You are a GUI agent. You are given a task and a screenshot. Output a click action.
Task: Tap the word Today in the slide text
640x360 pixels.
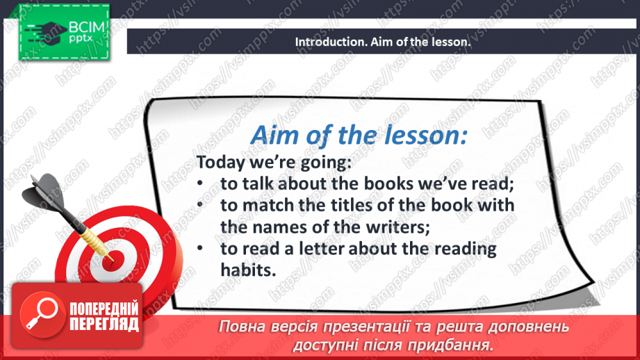(218, 163)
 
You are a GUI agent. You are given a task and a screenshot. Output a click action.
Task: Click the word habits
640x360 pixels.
(244, 270)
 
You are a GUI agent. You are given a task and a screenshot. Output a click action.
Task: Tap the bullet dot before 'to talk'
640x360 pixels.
(199, 185)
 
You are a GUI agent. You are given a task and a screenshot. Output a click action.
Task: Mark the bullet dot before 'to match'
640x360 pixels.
(199, 206)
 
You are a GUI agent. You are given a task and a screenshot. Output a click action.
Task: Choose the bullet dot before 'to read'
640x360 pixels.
(199, 249)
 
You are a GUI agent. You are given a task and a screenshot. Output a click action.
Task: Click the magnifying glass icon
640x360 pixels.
(40, 314)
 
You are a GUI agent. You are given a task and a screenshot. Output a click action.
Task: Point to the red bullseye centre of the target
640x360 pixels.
(111, 258)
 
